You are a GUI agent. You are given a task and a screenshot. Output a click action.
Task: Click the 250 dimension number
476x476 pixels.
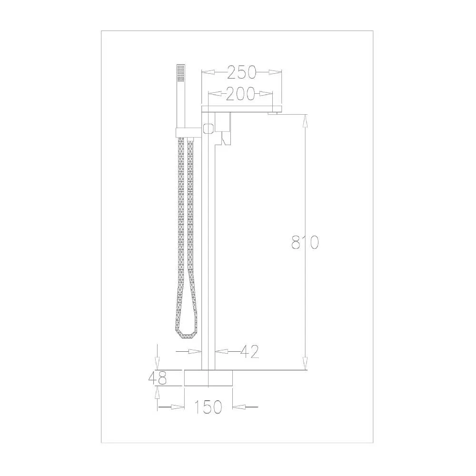tap(242, 72)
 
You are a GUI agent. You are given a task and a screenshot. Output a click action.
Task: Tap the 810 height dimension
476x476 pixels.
tap(305, 242)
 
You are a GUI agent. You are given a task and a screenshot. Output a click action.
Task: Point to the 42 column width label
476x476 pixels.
tap(249, 352)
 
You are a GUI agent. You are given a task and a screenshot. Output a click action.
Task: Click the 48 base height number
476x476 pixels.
tap(158, 378)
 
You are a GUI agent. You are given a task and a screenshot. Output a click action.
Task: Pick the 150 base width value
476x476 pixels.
tap(208, 407)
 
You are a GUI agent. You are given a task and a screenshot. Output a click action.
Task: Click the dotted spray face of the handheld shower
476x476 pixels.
tap(180, 73)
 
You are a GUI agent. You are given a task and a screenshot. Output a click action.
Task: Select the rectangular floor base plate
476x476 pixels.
tap(208, 378)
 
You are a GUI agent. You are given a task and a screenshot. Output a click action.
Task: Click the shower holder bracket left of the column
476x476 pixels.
tap(188, 132)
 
